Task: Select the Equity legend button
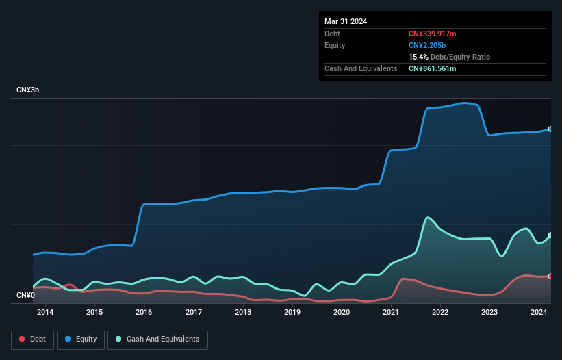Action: click(x=81, y=339)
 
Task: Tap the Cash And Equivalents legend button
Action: click(x=157, y=339)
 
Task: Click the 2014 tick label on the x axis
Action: click(x=45, y=313)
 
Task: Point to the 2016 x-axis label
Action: click(x=144, y=313)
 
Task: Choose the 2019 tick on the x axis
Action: click(x=292, y=313)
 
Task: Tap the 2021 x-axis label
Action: click(x=391, y=313)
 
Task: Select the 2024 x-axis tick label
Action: click(x=539, y=313)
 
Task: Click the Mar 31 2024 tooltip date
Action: click(x=346, y=21)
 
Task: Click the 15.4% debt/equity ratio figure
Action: click(x=418, y=57)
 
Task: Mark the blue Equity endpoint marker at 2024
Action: click(x=550, y=129)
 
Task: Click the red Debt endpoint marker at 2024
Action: click(x=550, y=277)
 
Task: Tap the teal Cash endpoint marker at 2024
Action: click(x=550, y=235)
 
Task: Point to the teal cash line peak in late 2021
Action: click(x=428, y=218)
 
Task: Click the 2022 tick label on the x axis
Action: click(x=440, y=313)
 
